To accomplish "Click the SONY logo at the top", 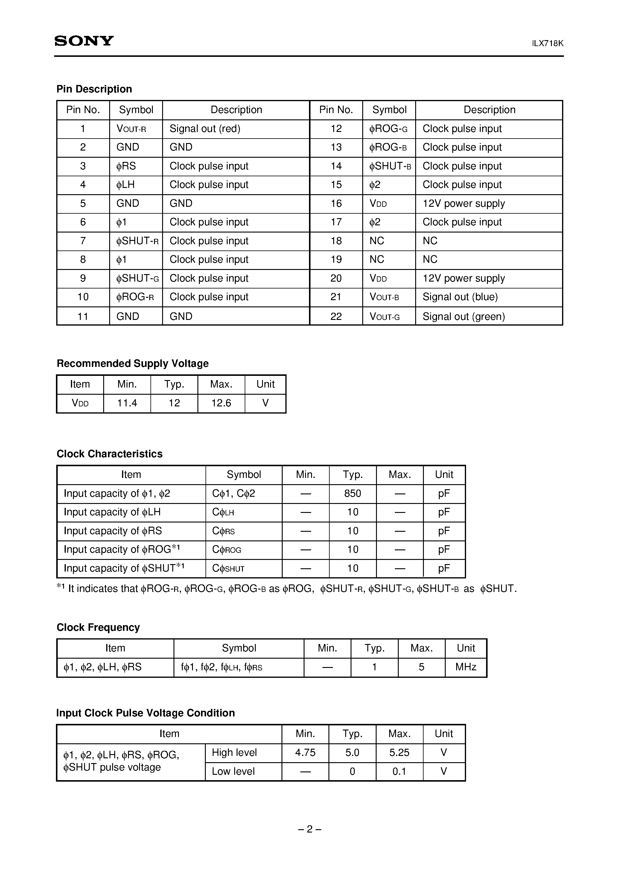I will [84, 41].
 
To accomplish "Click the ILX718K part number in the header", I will [547, 43].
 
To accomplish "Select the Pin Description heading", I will [94, 89].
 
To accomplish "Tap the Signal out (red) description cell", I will [205, 129].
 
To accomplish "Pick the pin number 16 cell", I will [336, 203].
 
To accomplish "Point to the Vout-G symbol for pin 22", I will [384, 316].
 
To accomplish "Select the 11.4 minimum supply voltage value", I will [127, 403].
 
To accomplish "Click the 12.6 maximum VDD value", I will [221, 403].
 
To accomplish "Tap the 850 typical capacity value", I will [352, 493].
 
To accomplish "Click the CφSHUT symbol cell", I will [228, 569].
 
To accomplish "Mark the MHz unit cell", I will [466, 667].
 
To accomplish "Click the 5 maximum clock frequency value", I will [421, 667].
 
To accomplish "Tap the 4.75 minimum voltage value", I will [305, 752].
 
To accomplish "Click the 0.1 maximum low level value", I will [399, 771].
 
